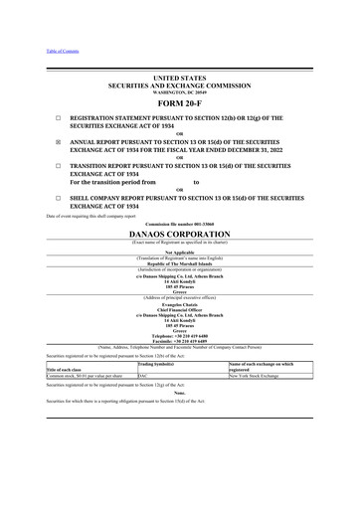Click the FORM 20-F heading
coord(180,103)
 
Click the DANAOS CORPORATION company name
coord(179,231)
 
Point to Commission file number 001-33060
coord(179,221)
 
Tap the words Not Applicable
coord(179,252)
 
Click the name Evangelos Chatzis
coord(179,296)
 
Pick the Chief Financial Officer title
coord(179,302)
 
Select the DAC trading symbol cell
coord(143,377)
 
